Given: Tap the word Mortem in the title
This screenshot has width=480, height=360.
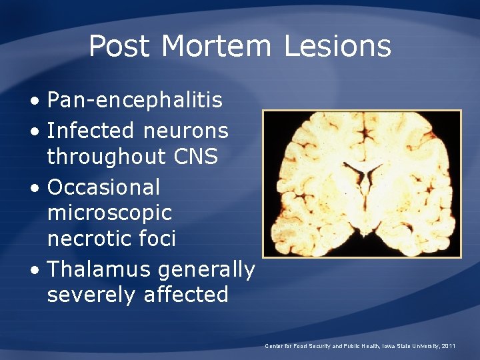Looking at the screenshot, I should (216, 47).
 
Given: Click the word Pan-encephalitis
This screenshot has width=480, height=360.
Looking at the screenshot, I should (135, 101).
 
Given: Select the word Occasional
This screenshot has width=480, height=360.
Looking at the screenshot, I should (103, 187).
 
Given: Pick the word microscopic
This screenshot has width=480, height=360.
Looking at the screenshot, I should (109, 213).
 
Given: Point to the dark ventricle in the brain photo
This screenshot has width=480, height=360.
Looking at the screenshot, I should (363, 177).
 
